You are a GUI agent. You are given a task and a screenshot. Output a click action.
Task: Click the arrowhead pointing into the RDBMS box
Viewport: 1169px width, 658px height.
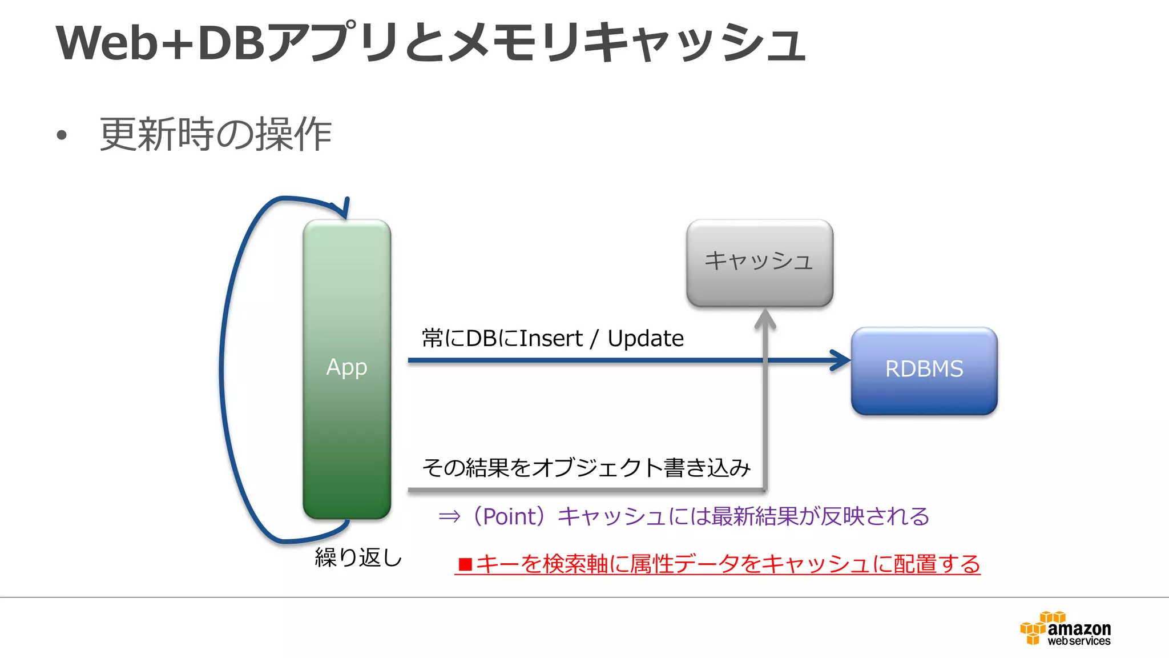841,360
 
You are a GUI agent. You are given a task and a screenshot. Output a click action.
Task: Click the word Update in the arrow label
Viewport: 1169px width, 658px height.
645,339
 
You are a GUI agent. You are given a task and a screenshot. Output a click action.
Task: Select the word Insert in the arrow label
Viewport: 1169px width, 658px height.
551,339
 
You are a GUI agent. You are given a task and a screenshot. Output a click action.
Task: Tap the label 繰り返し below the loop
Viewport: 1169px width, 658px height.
358,557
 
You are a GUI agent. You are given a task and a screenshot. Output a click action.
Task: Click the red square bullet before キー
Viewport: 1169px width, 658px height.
465,564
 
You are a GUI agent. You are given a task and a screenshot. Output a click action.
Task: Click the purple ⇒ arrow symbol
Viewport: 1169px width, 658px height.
449,517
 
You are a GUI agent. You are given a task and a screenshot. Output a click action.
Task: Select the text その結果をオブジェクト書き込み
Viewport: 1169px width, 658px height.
586,468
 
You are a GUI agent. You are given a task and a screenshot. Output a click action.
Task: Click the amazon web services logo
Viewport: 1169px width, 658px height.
1065,629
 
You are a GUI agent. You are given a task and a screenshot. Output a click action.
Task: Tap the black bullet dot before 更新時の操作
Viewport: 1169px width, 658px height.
62,136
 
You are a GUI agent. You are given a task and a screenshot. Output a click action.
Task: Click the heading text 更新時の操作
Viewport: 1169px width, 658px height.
216,135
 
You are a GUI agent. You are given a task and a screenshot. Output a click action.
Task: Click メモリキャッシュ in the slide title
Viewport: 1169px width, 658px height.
625,43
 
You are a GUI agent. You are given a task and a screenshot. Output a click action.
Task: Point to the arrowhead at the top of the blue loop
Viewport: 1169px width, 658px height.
344,209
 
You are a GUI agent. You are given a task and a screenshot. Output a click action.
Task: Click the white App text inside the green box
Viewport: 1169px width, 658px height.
346,367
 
